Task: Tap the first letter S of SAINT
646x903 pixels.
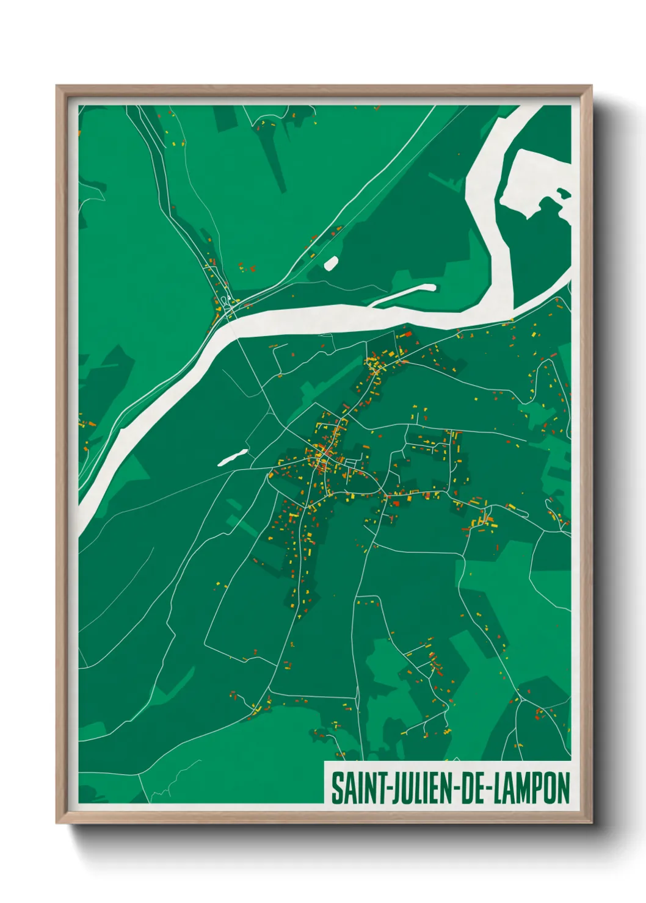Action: (x=336, y=788)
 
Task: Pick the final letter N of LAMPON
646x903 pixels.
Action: (x=563, y=788)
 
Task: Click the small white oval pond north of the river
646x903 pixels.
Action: (x=331, y=263)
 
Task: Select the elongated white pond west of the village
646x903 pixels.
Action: (x=233, y=457)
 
